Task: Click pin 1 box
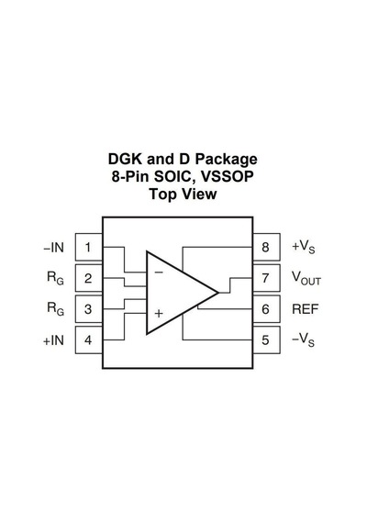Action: (x=89, y=247)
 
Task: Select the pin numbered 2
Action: (x=89, y=278)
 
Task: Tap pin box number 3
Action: (x=89, y=309)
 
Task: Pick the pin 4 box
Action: (x=89, y=340)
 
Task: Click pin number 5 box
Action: (x=266, y=340)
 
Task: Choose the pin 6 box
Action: (x=266, y=309)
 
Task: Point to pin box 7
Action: (x=266, y=278)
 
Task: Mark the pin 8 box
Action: (x=266, y=247)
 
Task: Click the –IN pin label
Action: (x=53, y=248)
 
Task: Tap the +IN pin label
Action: (x=53, y=340)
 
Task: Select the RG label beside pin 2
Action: (x=55, y=278)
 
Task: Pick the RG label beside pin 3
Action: (x=55, y=308)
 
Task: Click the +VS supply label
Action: (x=304, y=247)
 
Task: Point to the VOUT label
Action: (x=306, y=278)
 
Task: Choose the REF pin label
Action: (x=305, y=309)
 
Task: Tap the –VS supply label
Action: (x=304, y=339)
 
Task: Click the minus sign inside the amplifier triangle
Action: (x=159, y=273)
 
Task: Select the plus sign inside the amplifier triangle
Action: (x=159, y=314)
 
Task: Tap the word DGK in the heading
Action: (x=125, y=159)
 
